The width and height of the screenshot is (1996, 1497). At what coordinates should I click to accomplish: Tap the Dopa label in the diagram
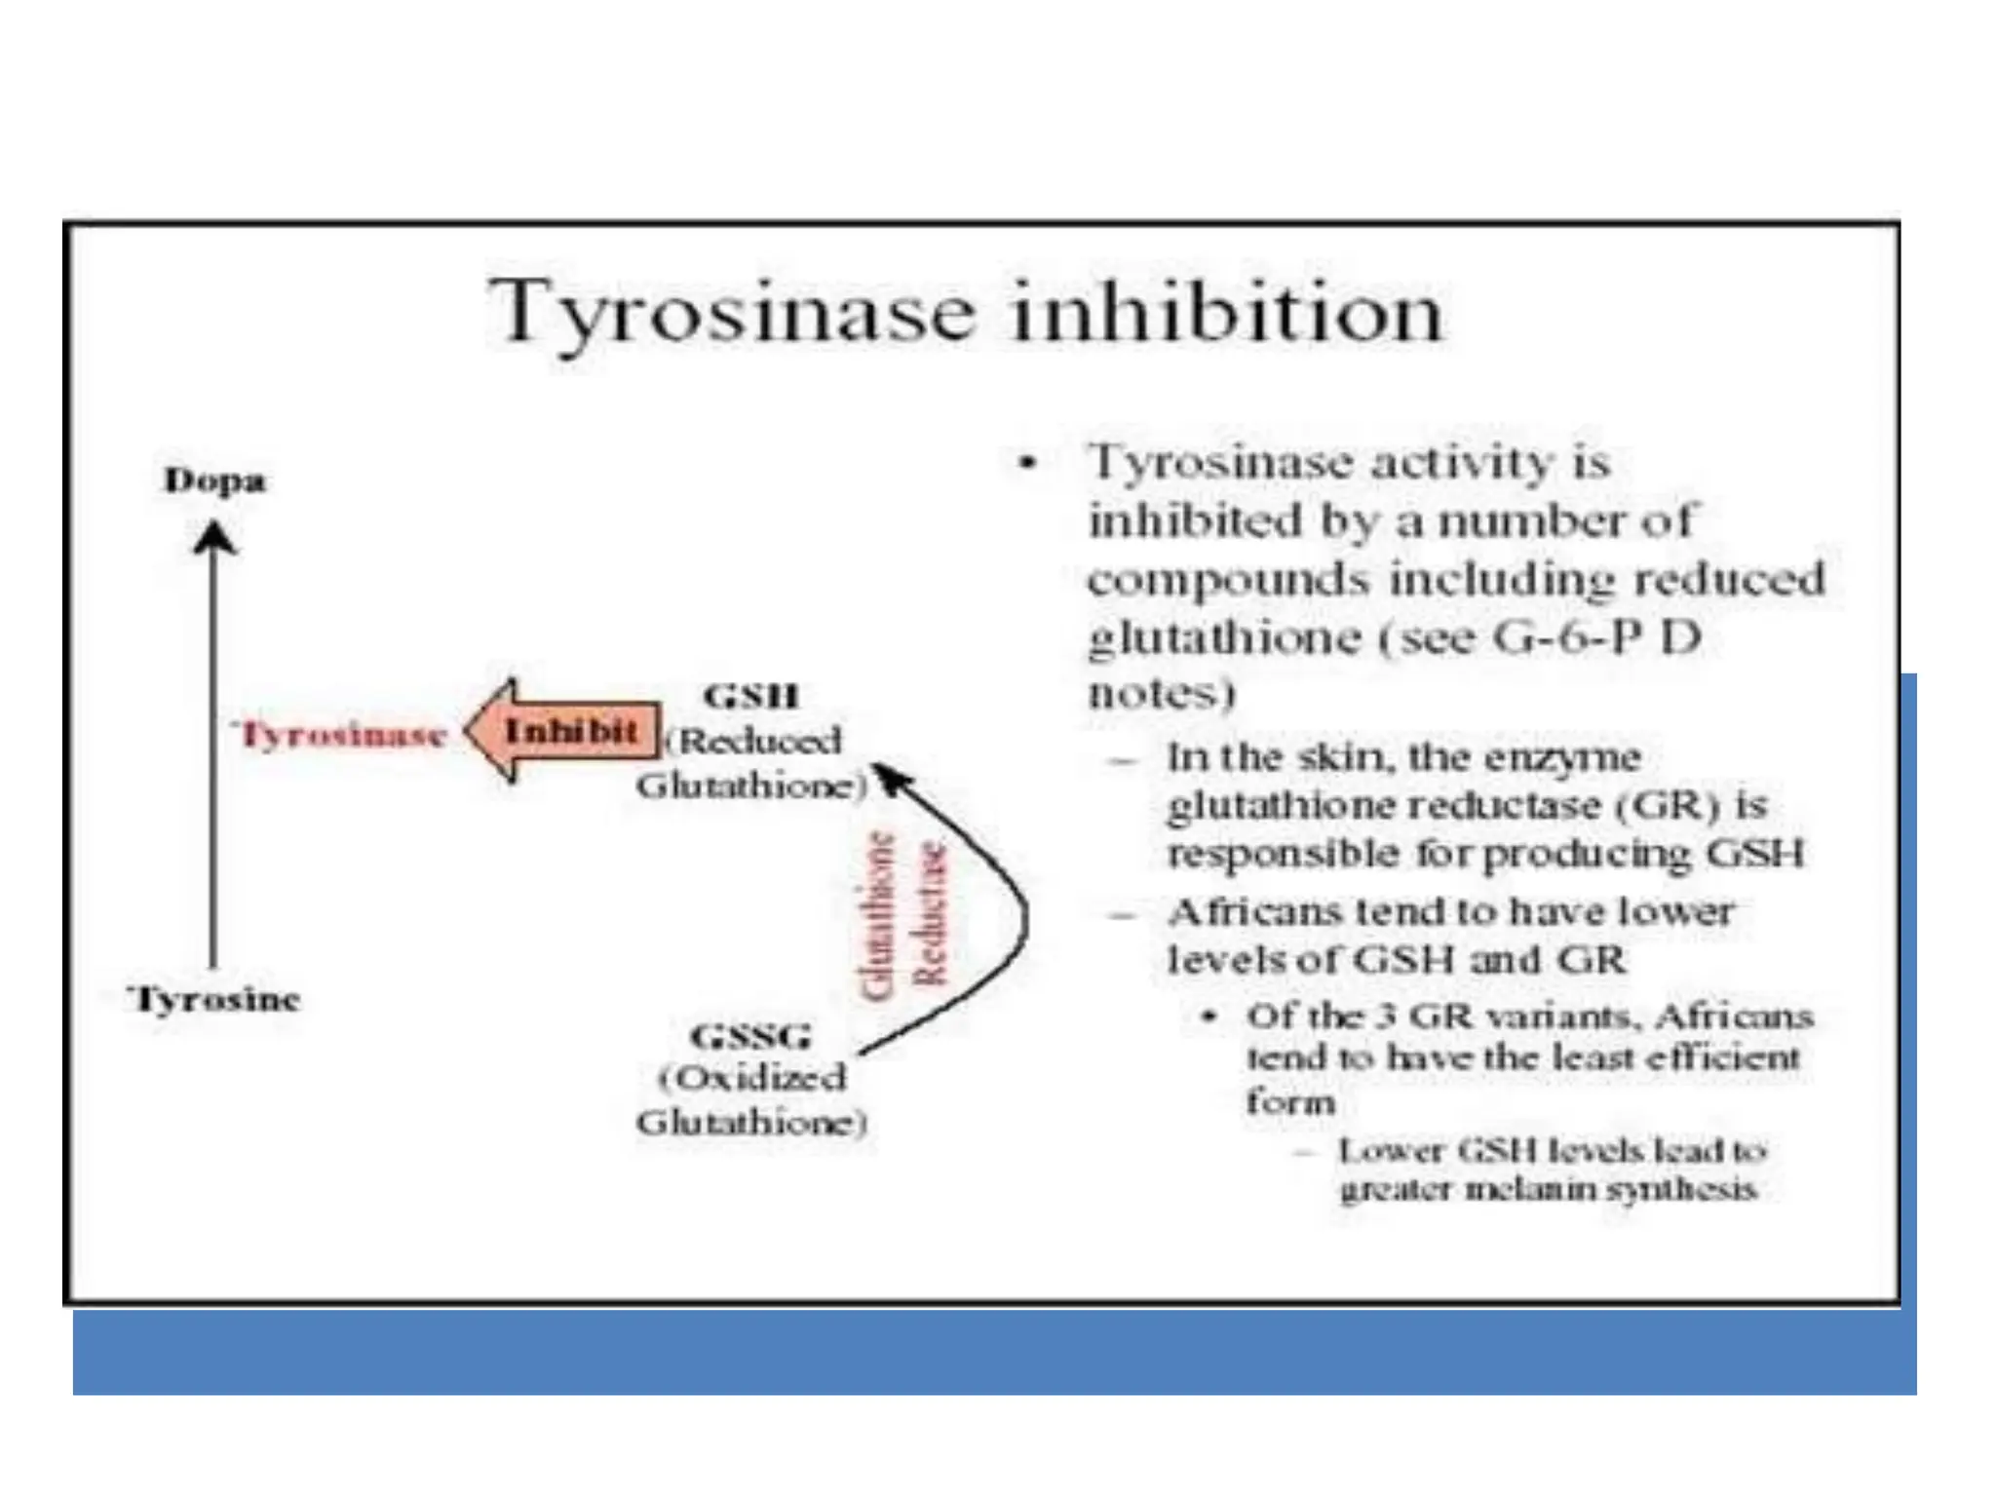[214, 480]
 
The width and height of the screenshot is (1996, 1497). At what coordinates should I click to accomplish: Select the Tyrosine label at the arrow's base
[214, 999]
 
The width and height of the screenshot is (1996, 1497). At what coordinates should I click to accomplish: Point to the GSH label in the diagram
[750, 696]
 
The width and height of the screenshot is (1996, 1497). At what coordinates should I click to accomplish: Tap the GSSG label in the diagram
[750, 1035]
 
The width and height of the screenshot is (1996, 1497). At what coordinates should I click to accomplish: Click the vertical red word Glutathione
[878, 915]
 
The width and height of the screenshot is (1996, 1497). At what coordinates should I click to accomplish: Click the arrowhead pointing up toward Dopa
[214, 537]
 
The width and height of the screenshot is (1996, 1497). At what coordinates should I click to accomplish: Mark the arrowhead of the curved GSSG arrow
[889, 777]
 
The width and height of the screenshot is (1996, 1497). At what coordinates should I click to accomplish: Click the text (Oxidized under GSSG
[751, 1078]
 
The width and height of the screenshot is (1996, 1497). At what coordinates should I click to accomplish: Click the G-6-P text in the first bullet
[1570, 637]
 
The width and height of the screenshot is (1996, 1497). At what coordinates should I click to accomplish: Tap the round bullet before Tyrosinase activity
[1025, 463]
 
